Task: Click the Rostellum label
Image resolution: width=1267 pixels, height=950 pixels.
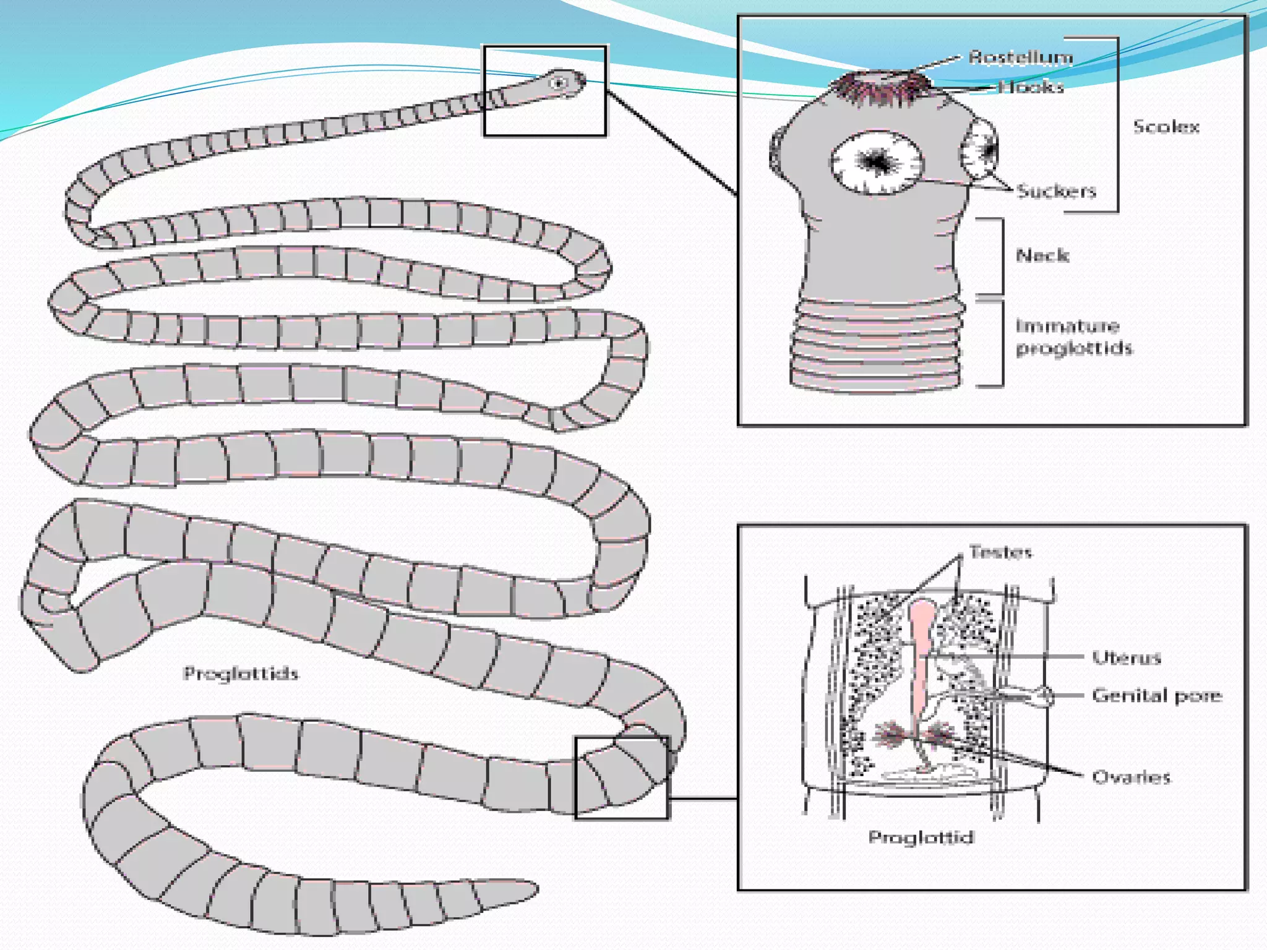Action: [1020, 58]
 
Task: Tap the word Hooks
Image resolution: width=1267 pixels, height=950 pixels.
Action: [1031, 87]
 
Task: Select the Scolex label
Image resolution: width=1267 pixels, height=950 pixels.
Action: [1166, 127]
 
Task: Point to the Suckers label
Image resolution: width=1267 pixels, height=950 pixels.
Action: [1056, 191]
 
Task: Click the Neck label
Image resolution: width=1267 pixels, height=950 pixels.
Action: [1042, 255]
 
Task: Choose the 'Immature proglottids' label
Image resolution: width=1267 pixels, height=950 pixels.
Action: [1073, 337]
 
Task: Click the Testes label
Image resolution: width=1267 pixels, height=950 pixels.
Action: [1000, 552]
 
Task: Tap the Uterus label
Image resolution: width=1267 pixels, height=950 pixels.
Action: [1126, 657]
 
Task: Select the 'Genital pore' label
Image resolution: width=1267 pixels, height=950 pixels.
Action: [1157, 696]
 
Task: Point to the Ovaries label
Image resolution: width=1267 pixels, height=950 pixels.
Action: [1131, 777]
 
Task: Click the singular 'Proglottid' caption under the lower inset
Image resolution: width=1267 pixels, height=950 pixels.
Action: [921, 837]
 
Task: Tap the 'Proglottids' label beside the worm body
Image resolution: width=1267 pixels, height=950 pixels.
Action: [241, 673]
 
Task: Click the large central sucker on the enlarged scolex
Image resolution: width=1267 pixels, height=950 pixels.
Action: [876, 162]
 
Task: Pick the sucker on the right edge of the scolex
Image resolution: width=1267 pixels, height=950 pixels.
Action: [980, 150]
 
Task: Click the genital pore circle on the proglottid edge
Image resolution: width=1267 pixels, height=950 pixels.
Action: [1045, 696]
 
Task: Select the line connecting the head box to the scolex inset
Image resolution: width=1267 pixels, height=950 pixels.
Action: [671, 143]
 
